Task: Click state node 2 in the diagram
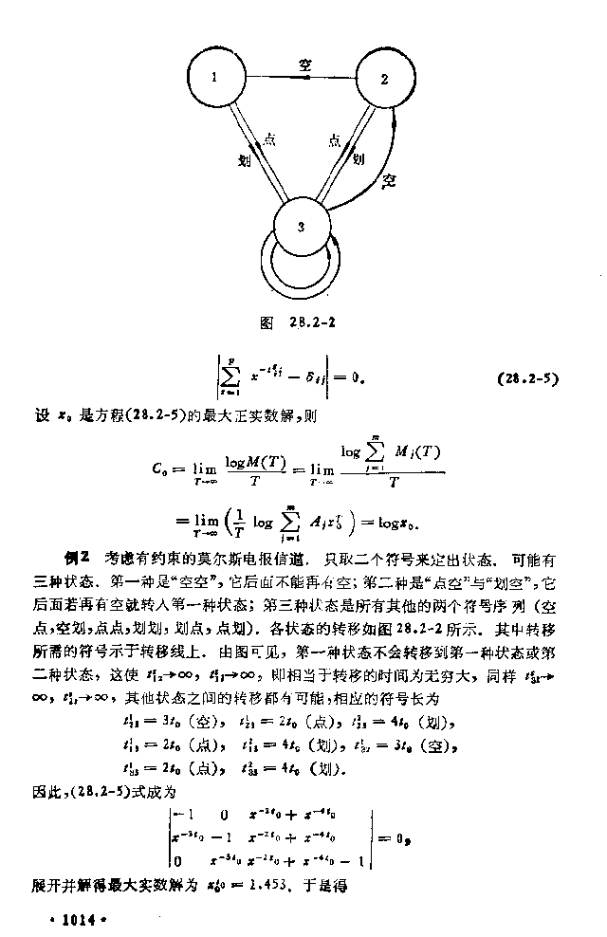coord(384,79)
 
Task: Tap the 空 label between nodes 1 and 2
coord(305,65)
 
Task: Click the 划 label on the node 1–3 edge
coord(246,160)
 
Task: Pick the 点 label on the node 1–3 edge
coord(268,139)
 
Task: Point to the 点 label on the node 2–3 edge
coord(334,139)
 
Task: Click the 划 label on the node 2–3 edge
coord(359,160)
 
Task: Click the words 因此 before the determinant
coord(45,789)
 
